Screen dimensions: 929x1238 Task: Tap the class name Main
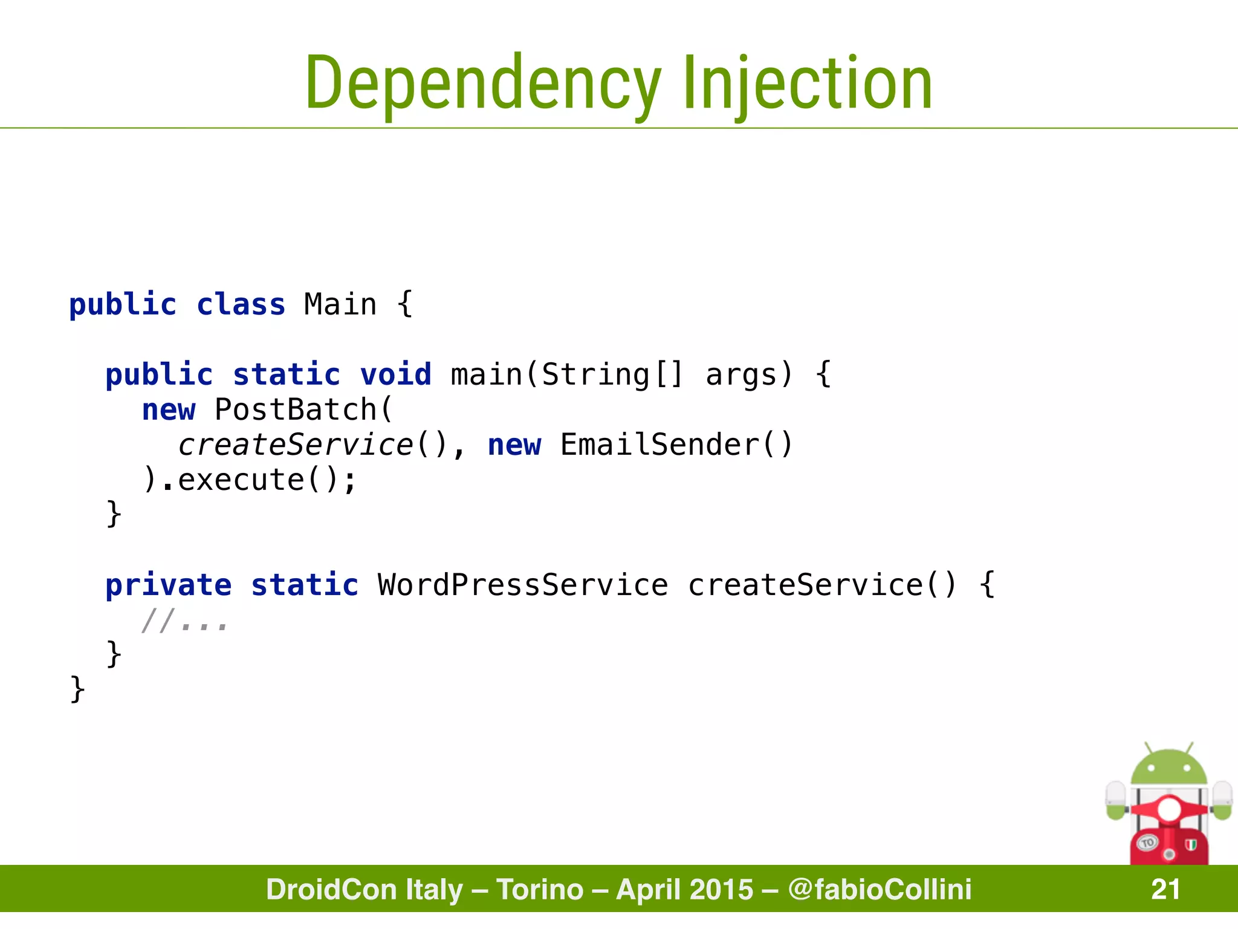click(340, 304)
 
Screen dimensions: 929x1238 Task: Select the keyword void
click(396, 374)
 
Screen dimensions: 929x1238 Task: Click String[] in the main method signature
click(612, 374)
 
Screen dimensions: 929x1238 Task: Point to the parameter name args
click(741, 374)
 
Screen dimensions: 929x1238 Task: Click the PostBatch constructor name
click(296, 409)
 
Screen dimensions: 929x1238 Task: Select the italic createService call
click(295, 445)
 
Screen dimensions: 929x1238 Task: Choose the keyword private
click(168, 585)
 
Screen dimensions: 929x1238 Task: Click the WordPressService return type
click(523, 585)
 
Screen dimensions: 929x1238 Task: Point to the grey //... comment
click(184, 621)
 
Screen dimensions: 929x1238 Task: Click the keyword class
click(241, 304)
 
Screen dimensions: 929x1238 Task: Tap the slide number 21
click(1165, 889)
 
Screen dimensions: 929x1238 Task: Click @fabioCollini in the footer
click(880, 889)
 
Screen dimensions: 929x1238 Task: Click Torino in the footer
click(540, 889)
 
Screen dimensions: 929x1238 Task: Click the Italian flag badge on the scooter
click(1190, 844)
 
